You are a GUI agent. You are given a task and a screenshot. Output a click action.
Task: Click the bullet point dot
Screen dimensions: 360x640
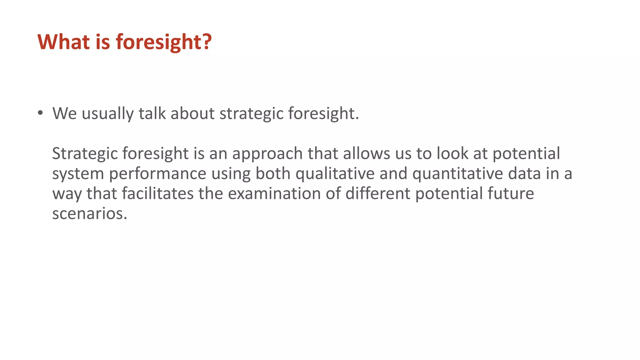40,113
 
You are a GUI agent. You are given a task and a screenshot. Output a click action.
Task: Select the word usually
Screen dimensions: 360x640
107,114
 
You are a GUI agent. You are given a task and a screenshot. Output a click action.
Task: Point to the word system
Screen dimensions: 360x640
78,174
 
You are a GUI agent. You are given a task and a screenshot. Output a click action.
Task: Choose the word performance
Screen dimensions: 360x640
157,174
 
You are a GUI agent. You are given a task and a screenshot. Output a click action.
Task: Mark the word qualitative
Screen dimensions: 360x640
335,174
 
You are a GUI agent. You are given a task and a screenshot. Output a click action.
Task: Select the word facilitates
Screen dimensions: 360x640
157,193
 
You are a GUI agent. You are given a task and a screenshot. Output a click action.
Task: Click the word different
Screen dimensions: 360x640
377,193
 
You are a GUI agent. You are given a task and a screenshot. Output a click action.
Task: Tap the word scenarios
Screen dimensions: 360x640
90,214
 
